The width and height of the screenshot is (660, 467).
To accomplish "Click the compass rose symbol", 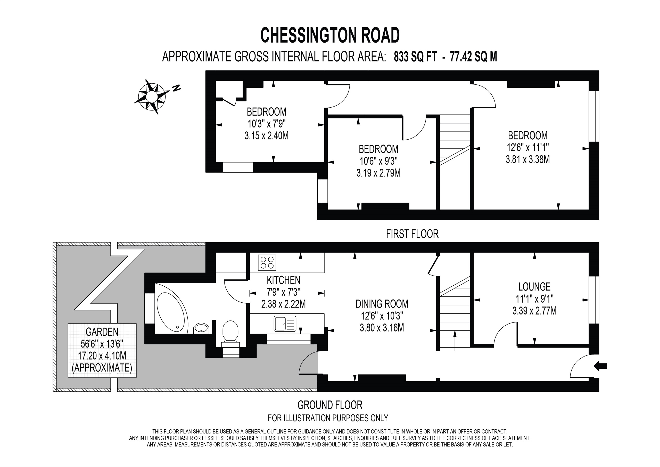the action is [152, 96].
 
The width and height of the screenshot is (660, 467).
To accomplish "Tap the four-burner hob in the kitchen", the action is [267, 262].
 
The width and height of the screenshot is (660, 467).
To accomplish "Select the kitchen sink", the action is [285, 324].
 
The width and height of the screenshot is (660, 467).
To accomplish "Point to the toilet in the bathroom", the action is [230, 335].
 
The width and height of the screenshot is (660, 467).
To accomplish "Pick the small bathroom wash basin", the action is [201, 328].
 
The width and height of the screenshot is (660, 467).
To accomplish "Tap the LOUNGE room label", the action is [534, 287].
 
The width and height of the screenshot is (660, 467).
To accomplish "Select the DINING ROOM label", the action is [382, 304].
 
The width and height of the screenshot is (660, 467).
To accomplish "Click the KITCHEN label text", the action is [283, 280].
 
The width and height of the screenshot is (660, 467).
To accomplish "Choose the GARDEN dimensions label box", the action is [102, 350].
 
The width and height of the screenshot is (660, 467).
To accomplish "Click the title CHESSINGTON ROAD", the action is [330, 35].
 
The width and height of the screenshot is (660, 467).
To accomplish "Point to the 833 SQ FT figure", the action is [415, 57].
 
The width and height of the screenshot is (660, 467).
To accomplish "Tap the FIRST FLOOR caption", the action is [412, 234].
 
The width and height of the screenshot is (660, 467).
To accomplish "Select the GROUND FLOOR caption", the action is [330, 405].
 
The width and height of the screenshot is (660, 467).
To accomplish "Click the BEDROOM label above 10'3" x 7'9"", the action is [267, 112].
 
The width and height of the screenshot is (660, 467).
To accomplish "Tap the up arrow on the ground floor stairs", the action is [455, 341].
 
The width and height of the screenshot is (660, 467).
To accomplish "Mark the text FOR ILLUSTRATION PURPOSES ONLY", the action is [328, 418].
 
